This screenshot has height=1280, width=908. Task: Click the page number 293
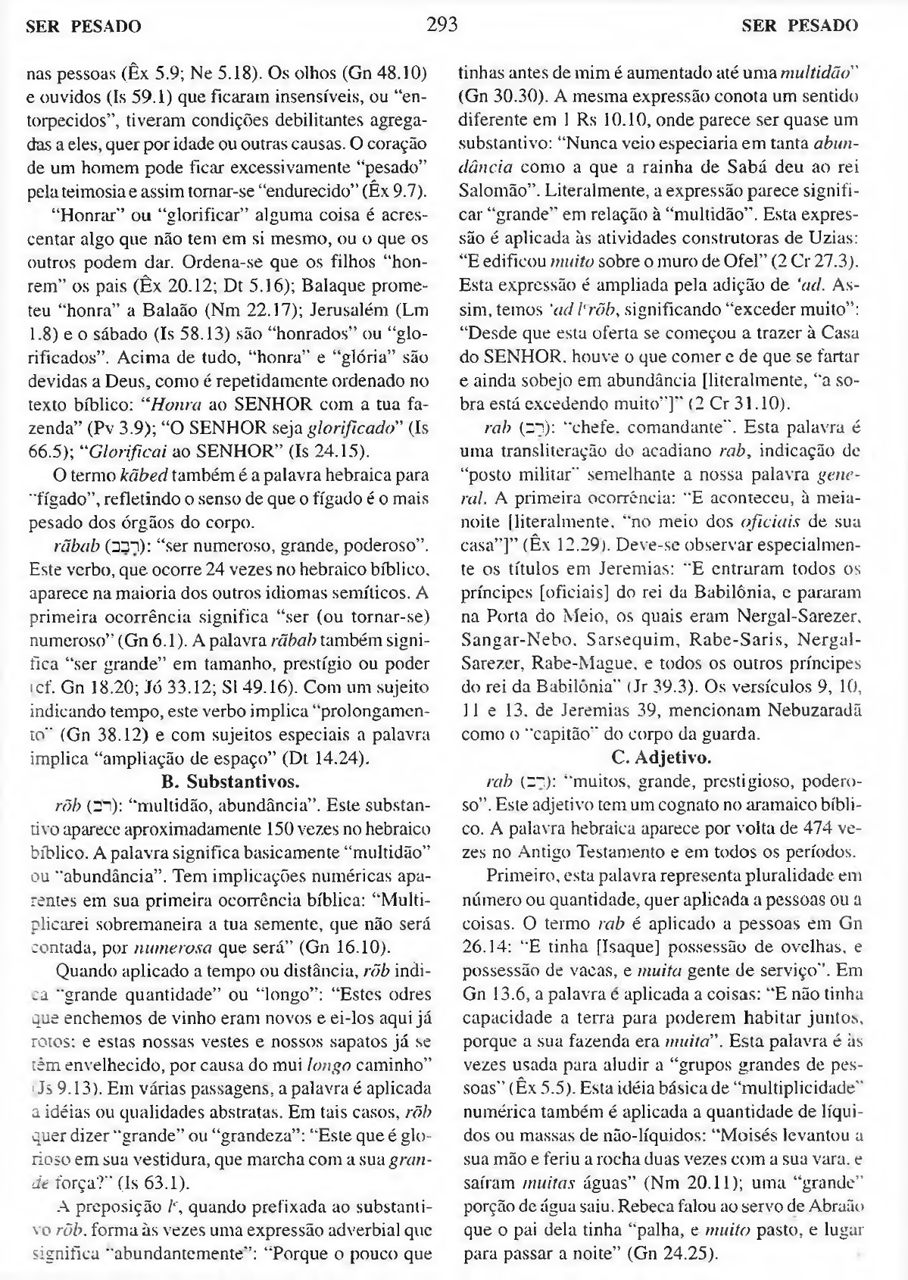[442, 25]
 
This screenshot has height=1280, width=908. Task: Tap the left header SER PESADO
[83, 27]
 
